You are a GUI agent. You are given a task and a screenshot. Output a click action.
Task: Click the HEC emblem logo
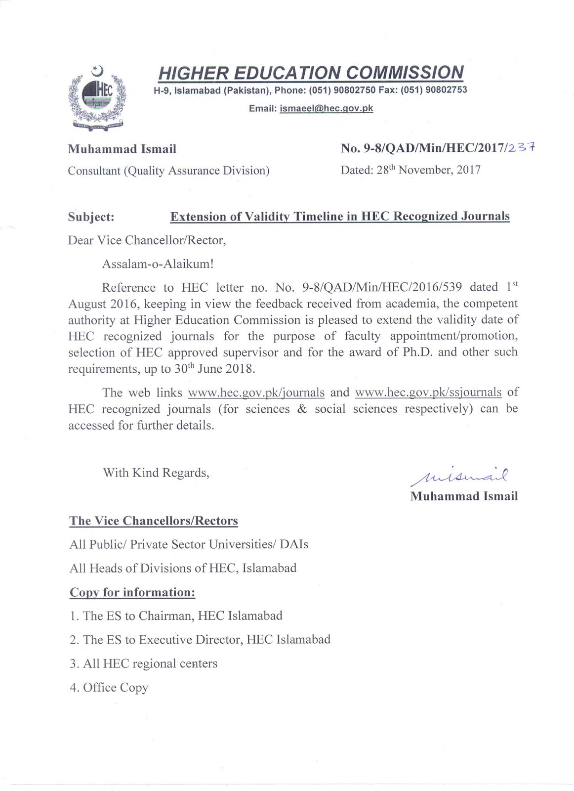[x=97, y=97]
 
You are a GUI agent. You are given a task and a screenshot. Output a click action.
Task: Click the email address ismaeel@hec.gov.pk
[x=326, y=108]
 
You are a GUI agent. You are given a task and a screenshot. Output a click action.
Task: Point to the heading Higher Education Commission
[x=311, y=73]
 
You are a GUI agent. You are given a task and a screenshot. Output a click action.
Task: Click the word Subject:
[x=91, y=217]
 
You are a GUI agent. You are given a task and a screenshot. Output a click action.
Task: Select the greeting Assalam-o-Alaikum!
[x=158, y=264]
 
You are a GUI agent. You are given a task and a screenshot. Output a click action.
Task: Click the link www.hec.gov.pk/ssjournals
[x=428, y=393]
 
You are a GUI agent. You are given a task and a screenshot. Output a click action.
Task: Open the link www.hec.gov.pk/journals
[x=256, y=393]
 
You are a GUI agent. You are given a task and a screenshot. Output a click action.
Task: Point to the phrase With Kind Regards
[x=156, y=473]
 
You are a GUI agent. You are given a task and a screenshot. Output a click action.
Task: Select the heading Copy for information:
[x=132, y=592]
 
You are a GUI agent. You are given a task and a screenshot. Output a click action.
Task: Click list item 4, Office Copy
[x=109, y=688]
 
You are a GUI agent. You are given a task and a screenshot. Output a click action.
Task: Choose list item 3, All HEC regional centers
[x=144, y=663]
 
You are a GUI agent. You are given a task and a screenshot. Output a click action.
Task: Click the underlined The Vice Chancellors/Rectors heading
[x=154, y=521]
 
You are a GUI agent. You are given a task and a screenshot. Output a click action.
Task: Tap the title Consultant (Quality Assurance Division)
[x=169, y=171]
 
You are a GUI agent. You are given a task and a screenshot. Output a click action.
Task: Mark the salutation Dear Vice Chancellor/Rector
[x=147, y=240]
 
